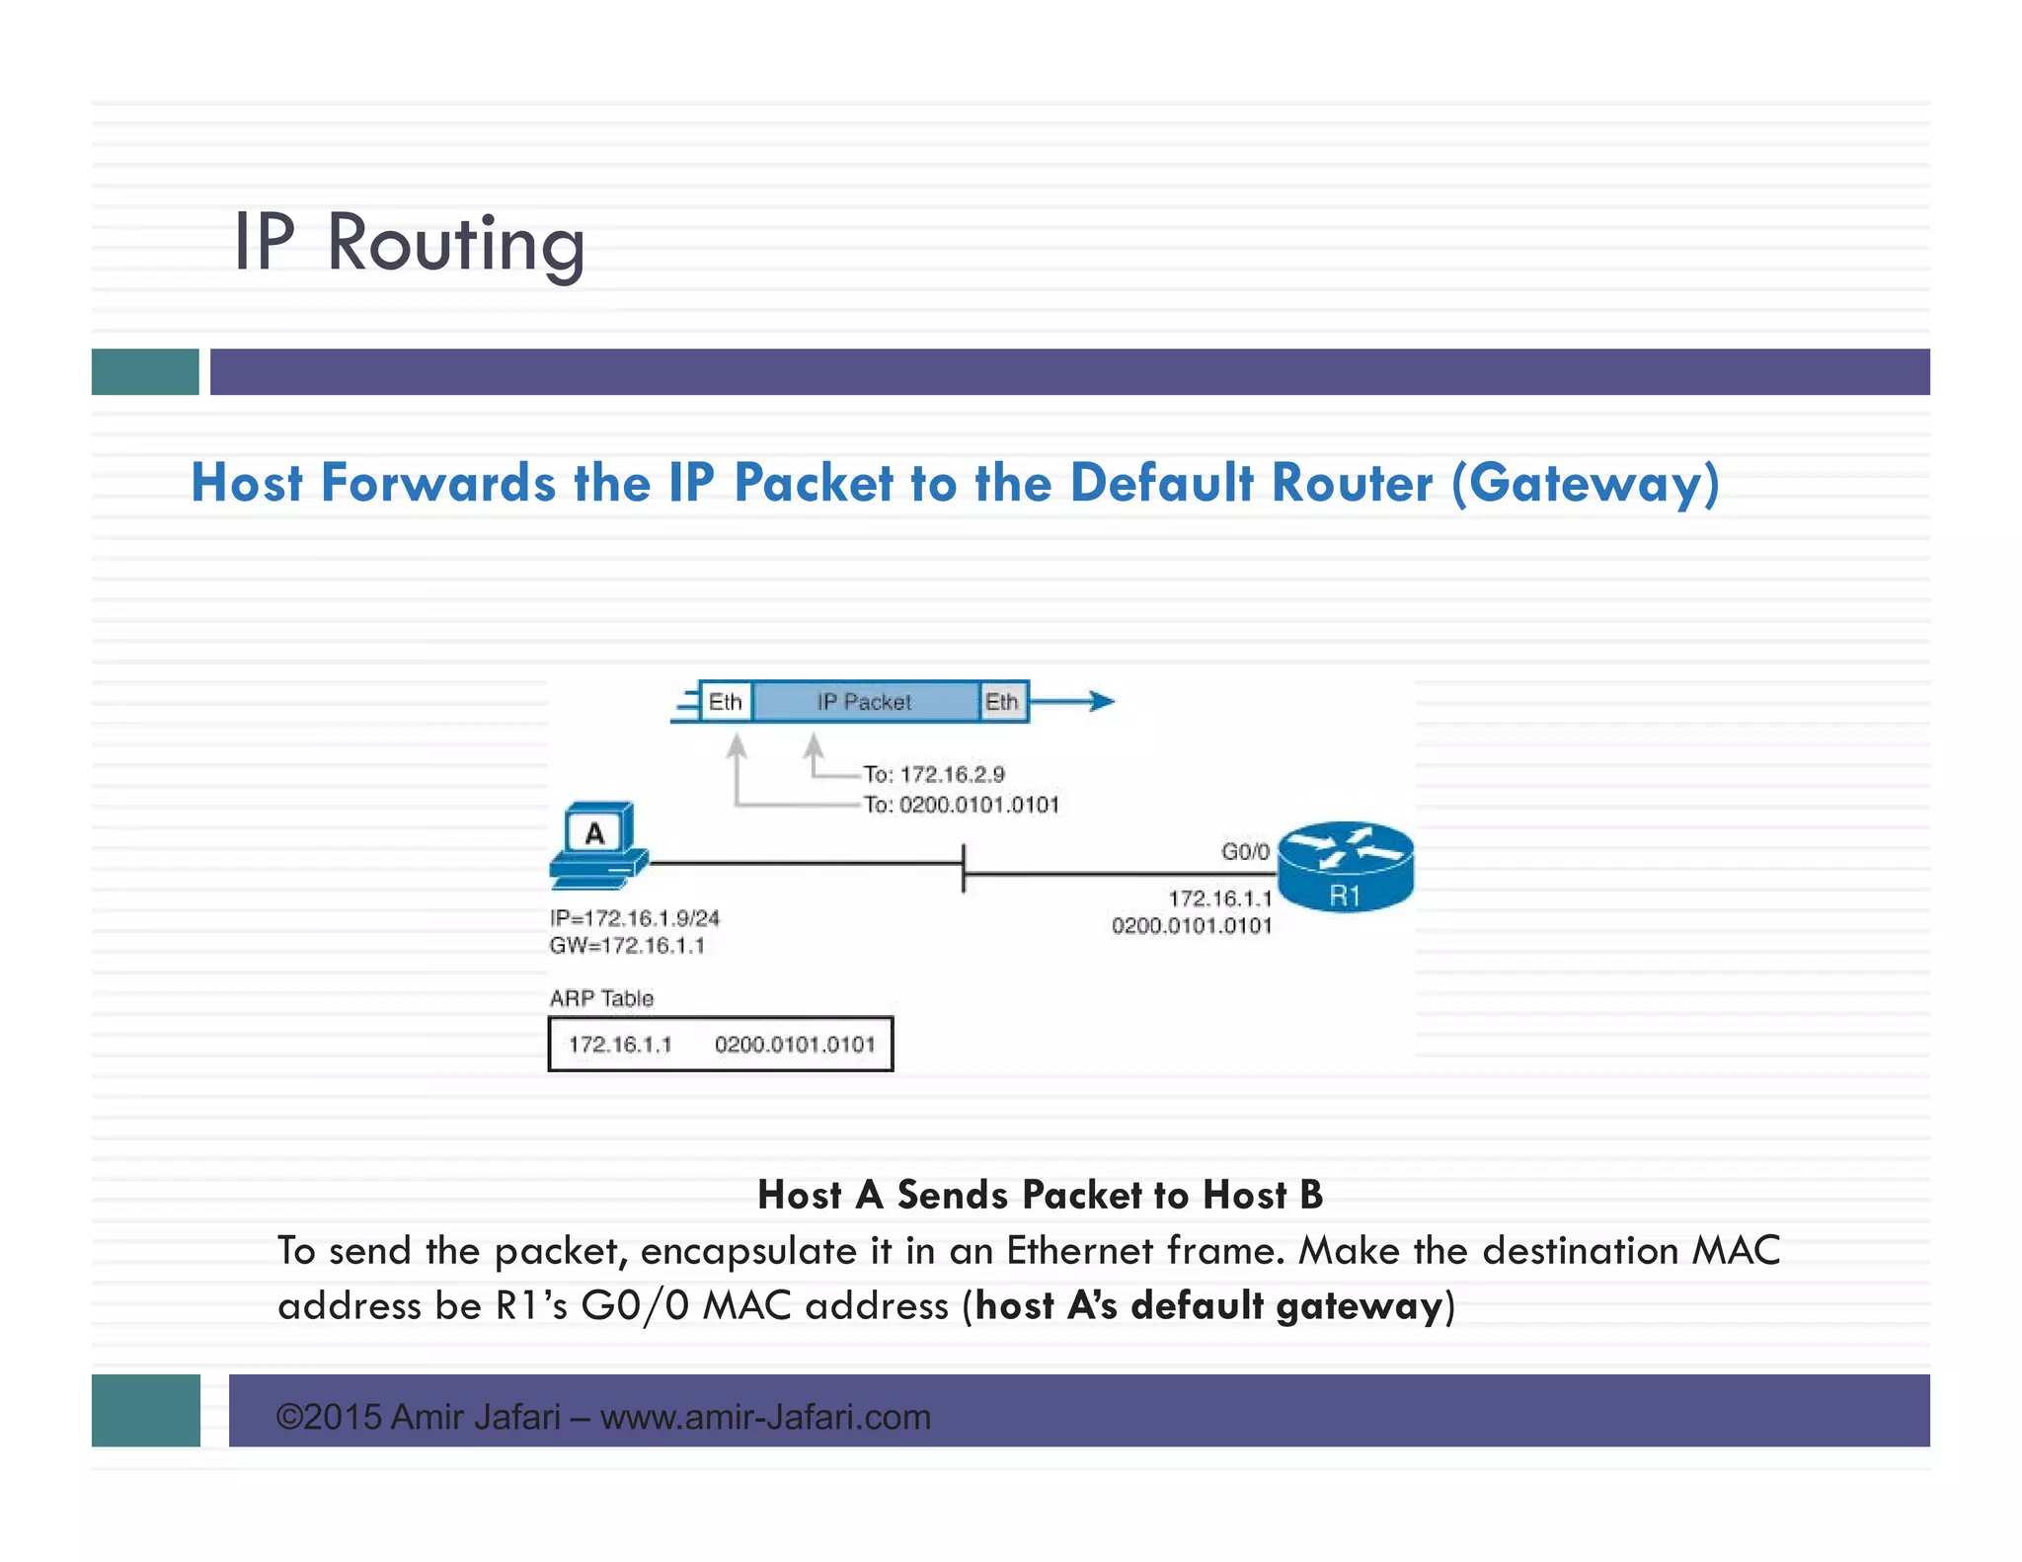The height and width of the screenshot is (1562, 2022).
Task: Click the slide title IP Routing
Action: (x=409, y=243)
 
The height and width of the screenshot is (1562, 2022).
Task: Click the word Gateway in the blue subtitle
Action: (x=1585, y=484)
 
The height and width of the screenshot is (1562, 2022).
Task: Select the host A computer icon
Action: (x=597, y=845)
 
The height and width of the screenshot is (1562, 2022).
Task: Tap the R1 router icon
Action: (x=1346, y=866)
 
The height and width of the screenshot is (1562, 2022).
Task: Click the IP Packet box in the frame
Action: (x=865, y=702)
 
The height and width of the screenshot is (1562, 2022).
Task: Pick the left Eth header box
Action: (x=726, y=702)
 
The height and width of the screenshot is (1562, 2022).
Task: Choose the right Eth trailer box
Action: (x=1002, y=702)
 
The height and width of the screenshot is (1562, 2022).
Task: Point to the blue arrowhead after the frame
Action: (x=1101, y=702)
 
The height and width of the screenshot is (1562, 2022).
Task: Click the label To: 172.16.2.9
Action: (x=934, y=774)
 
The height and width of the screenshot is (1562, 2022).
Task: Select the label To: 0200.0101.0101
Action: (x=961, y=805)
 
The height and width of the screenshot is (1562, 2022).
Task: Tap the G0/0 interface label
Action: (x=1245, y=851)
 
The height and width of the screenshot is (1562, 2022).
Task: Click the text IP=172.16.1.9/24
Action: (x=635, y=918)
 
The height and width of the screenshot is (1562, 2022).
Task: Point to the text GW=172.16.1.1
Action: (x=627, y=946)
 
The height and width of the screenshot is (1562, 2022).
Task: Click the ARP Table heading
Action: (x=601, y=998)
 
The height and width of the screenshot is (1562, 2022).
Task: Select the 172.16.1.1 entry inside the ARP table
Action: (x=620, y=1045)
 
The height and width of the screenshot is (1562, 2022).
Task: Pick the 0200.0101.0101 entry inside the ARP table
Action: (x=795, y=1045)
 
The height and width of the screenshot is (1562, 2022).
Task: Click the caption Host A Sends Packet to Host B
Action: (x=1040, y=1195)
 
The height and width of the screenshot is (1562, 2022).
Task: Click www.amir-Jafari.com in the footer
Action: (x=765, y=1417)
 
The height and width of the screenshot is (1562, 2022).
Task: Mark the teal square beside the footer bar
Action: (x=146, y=1410)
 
